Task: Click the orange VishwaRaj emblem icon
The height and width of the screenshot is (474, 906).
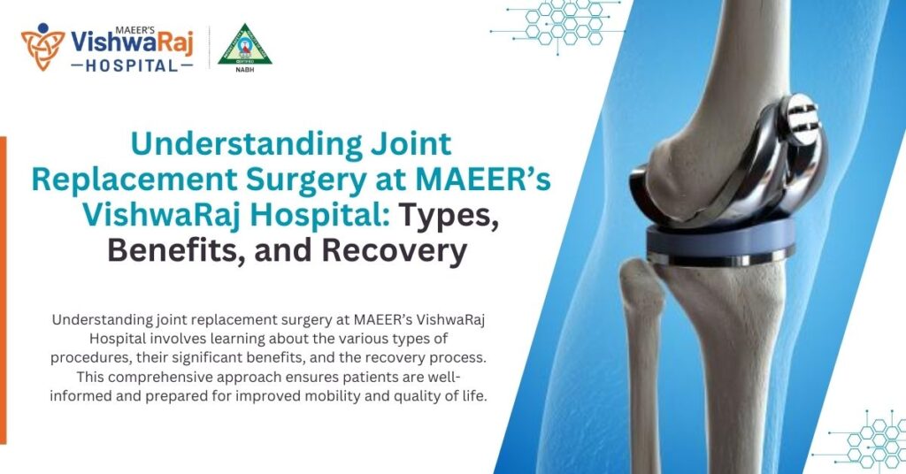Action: pyautogui.click(x=43, y=45)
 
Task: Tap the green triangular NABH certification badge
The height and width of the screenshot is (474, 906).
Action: pyautogui.click(x=245, y=43)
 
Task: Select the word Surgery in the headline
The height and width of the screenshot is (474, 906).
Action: pyautogui.click(x=301, y=180)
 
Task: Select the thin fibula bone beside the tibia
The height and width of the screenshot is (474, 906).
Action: pyautogui.click(x=644, y=354)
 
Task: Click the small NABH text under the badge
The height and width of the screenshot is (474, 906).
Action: pyautogui.click(x=245, y=66)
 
